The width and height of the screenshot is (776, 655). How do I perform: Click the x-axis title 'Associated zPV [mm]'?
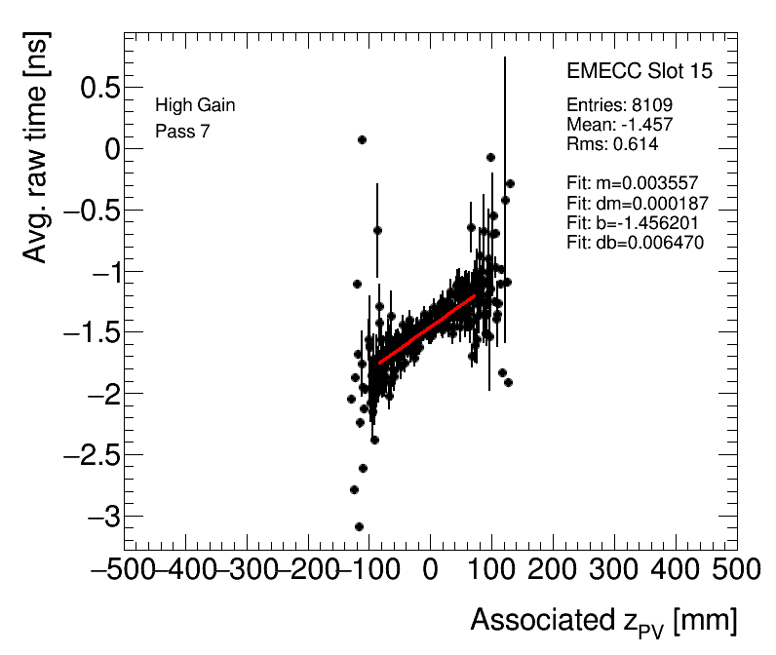(602, 621)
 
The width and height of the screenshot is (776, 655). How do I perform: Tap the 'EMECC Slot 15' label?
(639, 72)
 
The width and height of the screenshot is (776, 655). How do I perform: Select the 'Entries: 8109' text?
(619, 105)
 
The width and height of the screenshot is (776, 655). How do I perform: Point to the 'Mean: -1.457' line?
(619, 125)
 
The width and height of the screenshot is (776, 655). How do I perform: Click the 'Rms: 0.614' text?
(612, 144)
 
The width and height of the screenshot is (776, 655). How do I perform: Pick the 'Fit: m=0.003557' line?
(633, 183)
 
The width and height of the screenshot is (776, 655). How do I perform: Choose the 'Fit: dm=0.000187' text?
(637, 203)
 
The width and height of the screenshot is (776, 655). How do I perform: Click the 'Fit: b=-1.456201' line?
(636, 222)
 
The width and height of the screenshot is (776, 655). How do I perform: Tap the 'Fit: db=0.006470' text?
(635, 242)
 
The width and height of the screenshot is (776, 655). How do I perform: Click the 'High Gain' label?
(195, 105)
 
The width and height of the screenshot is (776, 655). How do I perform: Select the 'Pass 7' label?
(182, 131)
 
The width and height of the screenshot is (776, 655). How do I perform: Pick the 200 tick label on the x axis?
(553, 569)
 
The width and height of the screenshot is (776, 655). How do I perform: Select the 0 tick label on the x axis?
(430, 569)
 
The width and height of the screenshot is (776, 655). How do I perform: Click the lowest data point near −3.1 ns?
(359, 526)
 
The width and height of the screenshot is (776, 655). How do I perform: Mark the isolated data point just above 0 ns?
(362, 139)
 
